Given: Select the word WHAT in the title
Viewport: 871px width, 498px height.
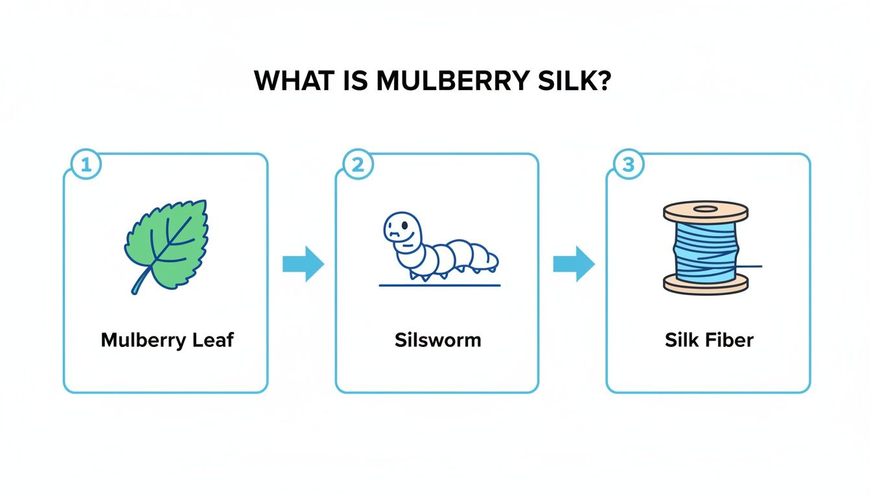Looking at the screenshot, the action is point(296,80).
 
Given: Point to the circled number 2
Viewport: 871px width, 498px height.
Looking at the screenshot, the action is point(356,165).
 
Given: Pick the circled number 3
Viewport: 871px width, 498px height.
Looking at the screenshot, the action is point(627,165).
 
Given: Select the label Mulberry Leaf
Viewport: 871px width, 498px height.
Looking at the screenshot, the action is point(167,340).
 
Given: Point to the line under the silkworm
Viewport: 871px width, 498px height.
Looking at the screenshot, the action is point(439,285).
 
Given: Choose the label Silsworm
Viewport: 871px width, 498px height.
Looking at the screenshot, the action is point(437,340).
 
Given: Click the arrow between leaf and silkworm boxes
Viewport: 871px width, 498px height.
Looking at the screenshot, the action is point(303,263).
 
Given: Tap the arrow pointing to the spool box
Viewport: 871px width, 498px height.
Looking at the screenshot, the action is point(574,263).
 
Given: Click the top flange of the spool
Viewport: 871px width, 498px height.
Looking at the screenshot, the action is point(706,211).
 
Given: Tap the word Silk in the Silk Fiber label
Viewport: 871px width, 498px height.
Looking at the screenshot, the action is point(679,340).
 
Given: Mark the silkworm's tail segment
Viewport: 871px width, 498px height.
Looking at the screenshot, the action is point(491,260).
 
